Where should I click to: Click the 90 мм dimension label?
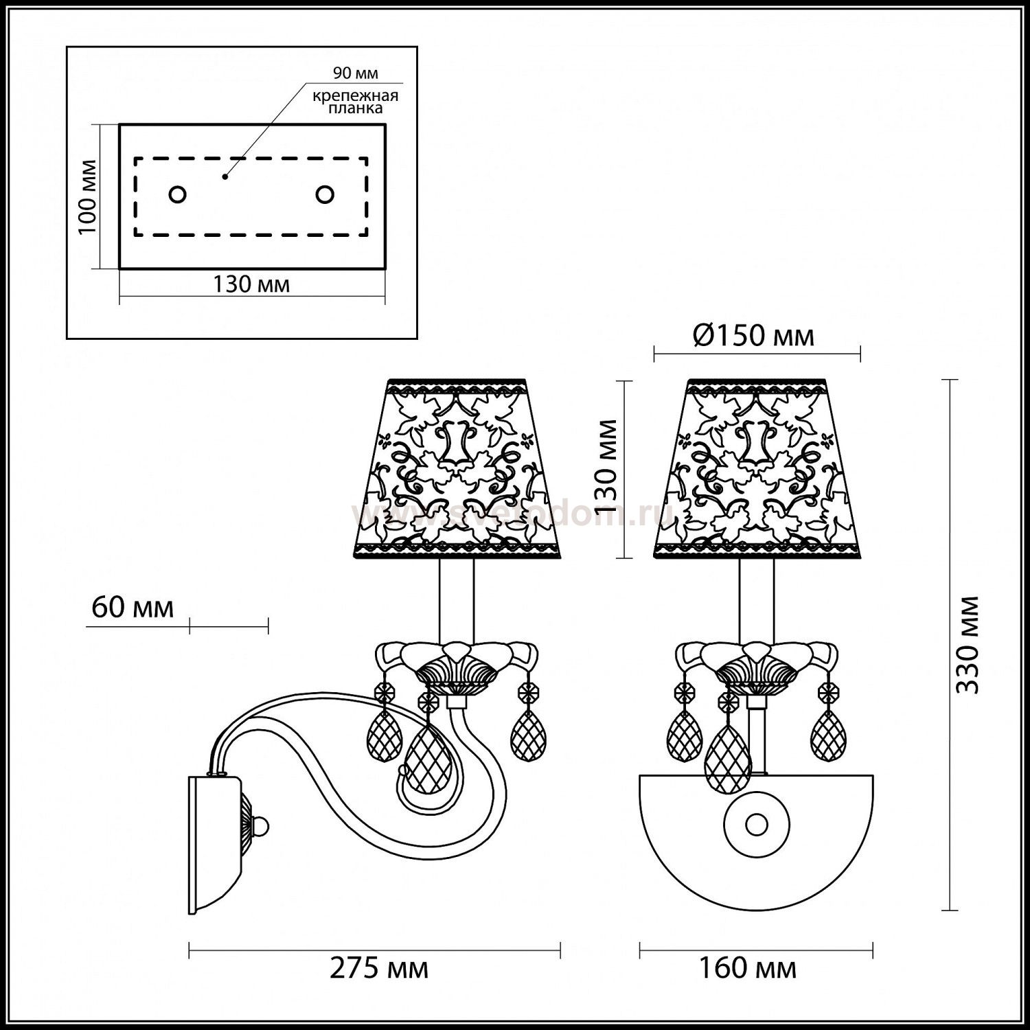coord(355,73)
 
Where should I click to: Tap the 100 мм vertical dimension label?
coord(87,196)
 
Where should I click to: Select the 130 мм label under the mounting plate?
coord(251,284)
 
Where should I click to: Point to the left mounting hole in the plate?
coord(178,194)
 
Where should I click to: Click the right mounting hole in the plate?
coord(325,194)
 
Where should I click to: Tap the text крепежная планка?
coord(355,102)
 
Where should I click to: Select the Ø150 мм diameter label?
coord(753,336)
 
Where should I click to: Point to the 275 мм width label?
coord(379,968)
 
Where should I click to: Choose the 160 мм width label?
coord(748,968)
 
